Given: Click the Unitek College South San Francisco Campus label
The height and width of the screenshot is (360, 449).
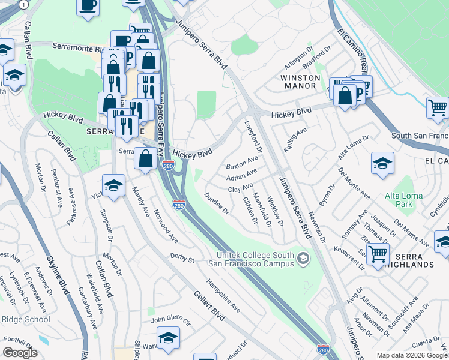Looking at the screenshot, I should pos(252,257).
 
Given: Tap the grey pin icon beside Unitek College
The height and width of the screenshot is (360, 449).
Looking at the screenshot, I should pos(303,259).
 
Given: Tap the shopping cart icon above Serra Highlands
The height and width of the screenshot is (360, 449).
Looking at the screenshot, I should pos(378,253).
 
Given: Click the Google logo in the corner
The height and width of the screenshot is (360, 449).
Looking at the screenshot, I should pos(19,352).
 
